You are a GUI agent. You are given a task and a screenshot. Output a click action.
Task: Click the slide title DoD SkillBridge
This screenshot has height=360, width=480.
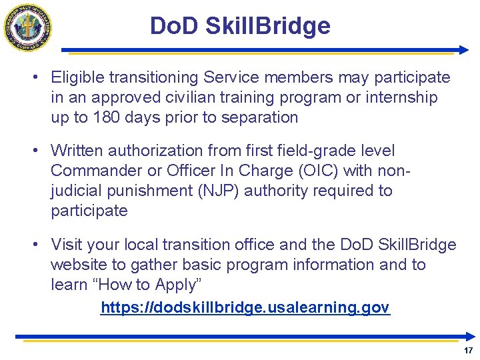click(240, 26)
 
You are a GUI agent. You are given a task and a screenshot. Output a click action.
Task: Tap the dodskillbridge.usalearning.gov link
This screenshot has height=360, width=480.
click(245, 307)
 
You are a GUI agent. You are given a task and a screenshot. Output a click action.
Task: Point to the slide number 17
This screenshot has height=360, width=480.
click(468, 350)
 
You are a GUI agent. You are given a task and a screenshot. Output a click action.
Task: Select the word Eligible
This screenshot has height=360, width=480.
click(76, 77)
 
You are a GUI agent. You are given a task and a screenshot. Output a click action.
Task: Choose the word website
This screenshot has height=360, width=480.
click(81, 265)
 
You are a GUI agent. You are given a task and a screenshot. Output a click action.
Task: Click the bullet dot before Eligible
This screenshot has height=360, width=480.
click(33, 77)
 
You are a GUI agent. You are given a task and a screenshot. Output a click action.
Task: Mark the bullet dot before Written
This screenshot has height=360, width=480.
click(33, 151)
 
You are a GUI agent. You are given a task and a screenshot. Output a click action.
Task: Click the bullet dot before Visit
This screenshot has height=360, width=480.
click(33, 245)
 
